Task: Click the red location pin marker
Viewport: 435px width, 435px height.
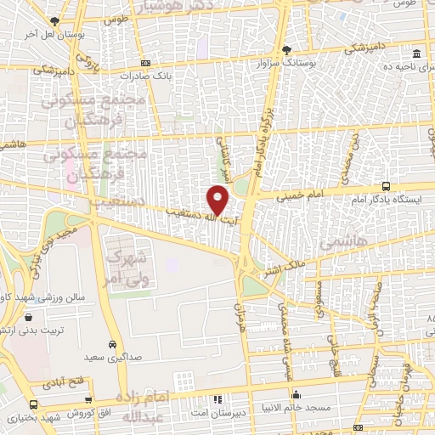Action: point(218,201)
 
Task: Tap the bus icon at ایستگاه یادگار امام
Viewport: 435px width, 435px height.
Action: point(387,186)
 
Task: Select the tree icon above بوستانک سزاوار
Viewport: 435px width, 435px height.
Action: point(286,49)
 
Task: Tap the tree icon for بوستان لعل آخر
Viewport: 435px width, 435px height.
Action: point(56,21)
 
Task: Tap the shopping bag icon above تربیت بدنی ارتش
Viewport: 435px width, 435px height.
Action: point(30,317)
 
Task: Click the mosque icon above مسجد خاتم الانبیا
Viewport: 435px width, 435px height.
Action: point(295,394)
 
